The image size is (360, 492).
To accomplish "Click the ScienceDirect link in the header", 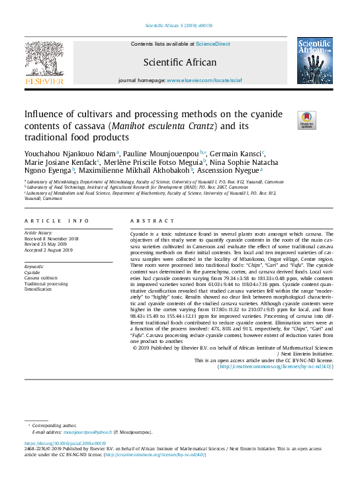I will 213,44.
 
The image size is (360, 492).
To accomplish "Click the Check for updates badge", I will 307,119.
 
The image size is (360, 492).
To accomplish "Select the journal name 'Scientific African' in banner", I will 180,63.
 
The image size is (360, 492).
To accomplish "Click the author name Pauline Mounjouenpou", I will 161,153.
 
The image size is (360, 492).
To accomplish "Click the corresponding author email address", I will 83,432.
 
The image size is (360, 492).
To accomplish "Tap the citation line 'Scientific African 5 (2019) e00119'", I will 179,26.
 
